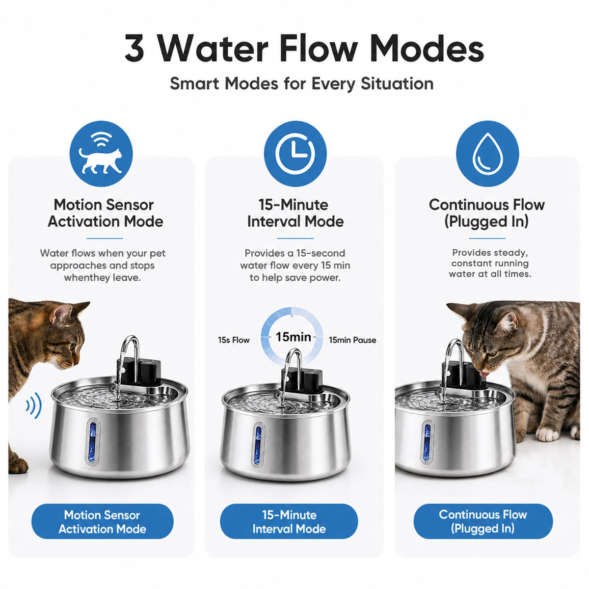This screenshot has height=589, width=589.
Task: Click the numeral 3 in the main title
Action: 134,48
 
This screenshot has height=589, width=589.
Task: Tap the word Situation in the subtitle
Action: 397,84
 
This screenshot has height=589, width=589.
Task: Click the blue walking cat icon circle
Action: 101,154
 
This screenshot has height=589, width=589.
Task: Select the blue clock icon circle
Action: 295,154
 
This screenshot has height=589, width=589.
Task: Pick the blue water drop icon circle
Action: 487,154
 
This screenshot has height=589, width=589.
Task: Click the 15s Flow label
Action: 234,340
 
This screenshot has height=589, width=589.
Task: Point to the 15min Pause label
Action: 352,340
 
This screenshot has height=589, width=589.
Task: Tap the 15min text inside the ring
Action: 294,337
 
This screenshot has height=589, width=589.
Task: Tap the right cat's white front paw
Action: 547,434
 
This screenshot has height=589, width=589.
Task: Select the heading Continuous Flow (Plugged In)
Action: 486,213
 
